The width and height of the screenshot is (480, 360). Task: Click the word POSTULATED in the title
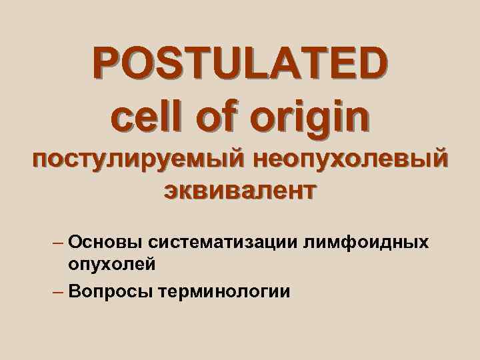(239, 64)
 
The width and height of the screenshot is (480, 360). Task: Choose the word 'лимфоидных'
(366, 241)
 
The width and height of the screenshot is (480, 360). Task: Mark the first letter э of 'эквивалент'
(170, 192)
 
